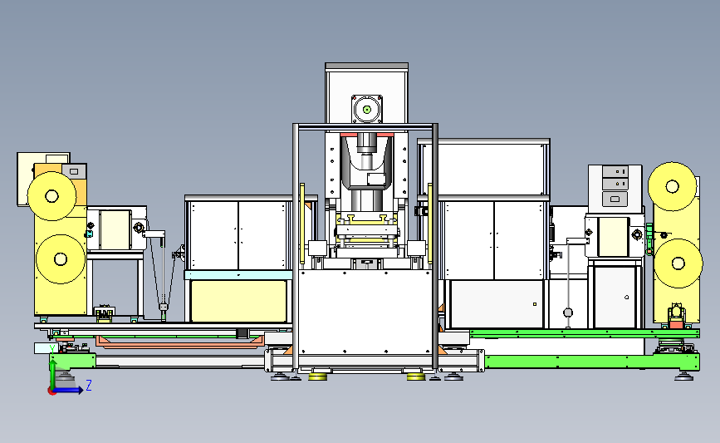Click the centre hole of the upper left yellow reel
51,196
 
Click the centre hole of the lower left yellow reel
61,259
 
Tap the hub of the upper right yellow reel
672,186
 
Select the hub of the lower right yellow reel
678,263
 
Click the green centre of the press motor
367,110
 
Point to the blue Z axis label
89,385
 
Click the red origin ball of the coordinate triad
51,391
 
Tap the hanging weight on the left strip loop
163,307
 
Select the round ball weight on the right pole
568,313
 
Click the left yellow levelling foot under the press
317,377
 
